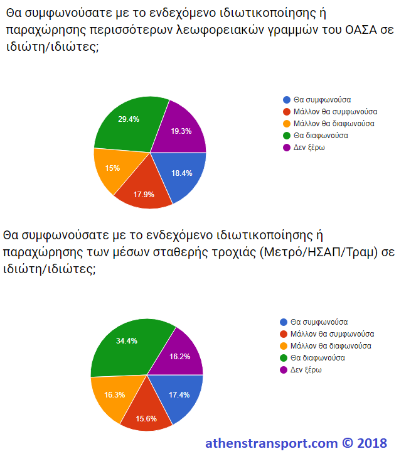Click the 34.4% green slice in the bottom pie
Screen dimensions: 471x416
(127, 344)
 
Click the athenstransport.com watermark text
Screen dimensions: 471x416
(271, 443)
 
